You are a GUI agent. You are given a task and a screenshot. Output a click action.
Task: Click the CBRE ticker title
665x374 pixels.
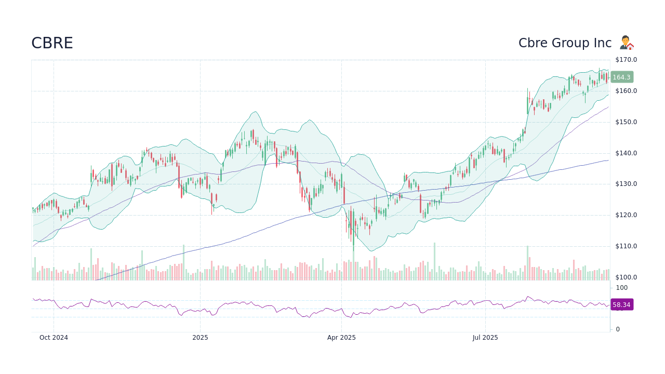click(52, 43)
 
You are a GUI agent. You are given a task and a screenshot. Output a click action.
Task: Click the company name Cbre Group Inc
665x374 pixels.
click(565, 43)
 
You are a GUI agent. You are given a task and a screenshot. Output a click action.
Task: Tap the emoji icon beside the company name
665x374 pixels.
click(627, 43)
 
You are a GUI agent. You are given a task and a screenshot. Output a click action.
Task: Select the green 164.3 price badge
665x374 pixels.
click(621, 77)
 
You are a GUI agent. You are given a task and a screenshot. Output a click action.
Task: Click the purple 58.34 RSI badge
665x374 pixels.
click(621, 305)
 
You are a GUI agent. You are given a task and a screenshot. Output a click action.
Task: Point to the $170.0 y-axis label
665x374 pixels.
click(626, 60)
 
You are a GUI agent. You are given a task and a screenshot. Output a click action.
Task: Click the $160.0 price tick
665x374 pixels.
click(626, 91)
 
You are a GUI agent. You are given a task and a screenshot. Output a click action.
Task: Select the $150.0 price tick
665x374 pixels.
click(626, 122)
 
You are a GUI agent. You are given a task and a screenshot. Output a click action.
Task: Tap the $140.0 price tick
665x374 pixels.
click(626, 153)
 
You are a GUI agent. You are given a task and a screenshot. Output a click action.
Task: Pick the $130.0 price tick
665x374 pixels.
click(626, 184)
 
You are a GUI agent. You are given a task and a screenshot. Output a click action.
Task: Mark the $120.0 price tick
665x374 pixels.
click(626, 215)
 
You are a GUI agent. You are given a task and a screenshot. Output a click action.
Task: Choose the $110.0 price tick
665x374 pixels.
click(626, 246)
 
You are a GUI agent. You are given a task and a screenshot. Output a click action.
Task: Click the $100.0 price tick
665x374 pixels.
click(626, 277)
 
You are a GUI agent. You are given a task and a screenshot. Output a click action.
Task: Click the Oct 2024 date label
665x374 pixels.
click(54, 338)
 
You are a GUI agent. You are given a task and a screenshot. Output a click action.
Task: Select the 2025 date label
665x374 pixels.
click(200, 338)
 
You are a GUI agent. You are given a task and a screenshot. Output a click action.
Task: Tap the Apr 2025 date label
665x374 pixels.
click(341, 338)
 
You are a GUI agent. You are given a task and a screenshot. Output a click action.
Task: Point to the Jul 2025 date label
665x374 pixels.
click(485, 338)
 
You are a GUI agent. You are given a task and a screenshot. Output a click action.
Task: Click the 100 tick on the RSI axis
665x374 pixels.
click(622, 288)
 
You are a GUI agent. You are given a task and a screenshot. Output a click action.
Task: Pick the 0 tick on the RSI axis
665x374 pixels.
click(618, 329)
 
